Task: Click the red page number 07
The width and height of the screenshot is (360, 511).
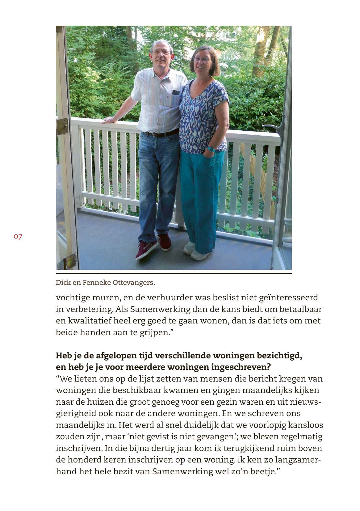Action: click(18, 237)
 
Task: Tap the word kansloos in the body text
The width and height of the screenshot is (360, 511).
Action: click(305, 425)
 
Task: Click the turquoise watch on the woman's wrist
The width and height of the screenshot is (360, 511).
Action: click(211, 150)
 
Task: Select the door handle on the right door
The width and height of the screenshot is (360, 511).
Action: click(273, 128)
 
